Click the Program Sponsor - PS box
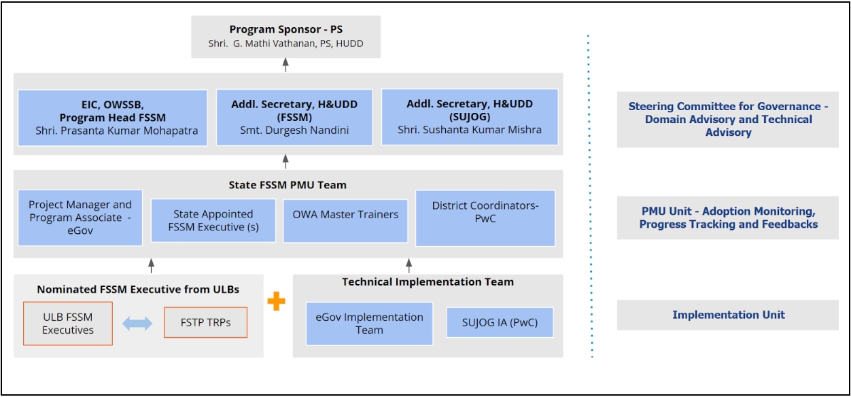(x=285, y=37)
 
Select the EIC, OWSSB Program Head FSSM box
(x=112, y=117)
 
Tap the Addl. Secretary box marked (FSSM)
(x=294, y=117)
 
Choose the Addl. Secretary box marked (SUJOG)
(x=470, y=117)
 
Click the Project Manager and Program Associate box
(x=80, y=218)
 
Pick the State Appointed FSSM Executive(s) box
(x=213, y=220)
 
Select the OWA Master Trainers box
(x=345, y=220)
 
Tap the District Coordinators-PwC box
(x=485, y=218)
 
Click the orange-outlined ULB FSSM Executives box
(x=68, y=324)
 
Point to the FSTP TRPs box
(x=205, y=322)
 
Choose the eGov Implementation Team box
(x=369, y=324)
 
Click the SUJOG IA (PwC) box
(x=500, y=322)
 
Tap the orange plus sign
(x=276, y=301)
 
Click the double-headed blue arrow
(x=138, y=324)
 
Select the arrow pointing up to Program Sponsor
(x=285, y=65)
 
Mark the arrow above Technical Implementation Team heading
(x=409, y=264)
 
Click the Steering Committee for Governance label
(x=728, y=119)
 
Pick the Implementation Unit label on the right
(x=728, y=315)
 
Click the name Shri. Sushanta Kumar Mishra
(x=470, y=130)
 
